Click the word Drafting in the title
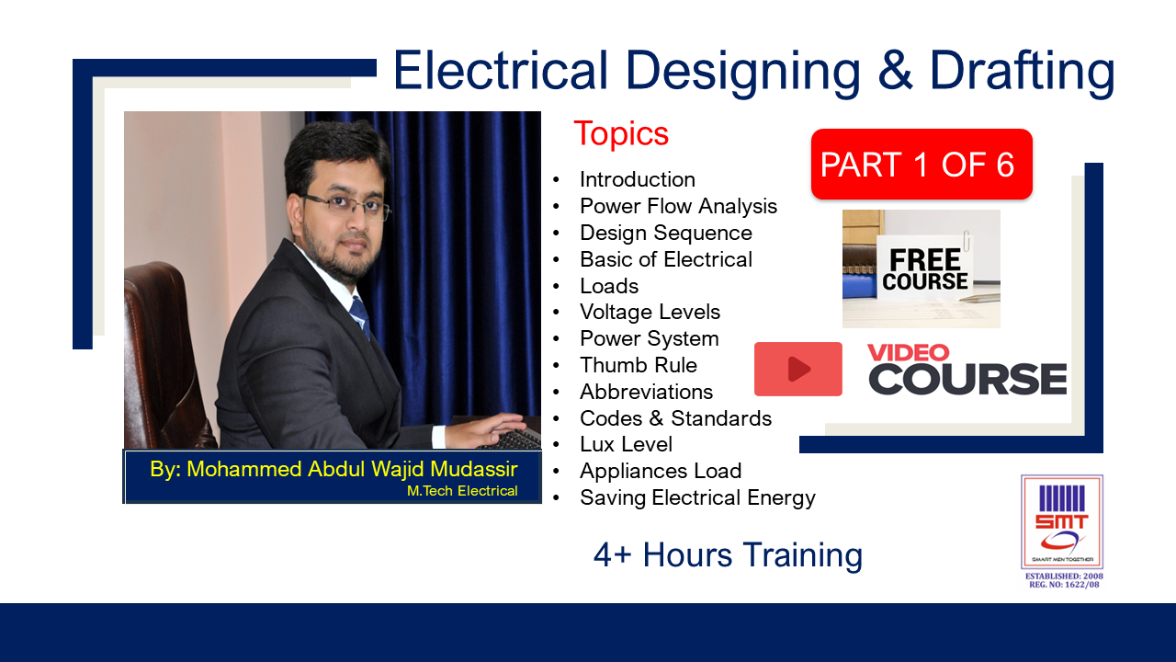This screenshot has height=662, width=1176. (x=1022, y=72)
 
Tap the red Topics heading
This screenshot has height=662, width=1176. (x=621, y=134)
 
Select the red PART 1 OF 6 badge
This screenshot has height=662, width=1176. (x=921, y=165)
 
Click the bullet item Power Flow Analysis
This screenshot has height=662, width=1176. (x=678, y=206)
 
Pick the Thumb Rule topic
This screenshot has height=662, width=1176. (x=638, y=365)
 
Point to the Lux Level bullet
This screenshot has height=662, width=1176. (x=626, y=444)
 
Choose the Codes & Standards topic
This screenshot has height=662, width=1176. (x=675, y=418)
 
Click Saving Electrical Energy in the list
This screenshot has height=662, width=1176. (x=697, y=497)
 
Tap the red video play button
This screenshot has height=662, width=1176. (x=797, y=369)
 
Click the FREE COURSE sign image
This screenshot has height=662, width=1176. (x=921, y=268)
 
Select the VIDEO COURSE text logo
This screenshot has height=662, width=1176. (x=967, y=369)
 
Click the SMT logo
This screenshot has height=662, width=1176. (x=1062, y=522)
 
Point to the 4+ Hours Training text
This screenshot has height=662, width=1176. (x=728, y=555)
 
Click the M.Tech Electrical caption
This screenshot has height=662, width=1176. (x=462, y=491)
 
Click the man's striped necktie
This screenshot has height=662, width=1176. (x=359, y=315)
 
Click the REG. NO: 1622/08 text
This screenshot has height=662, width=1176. (x=1063, y=584)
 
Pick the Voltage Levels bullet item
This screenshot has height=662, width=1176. (x=650, y=312)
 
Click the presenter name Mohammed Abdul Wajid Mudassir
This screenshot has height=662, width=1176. (x=334, y=470)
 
